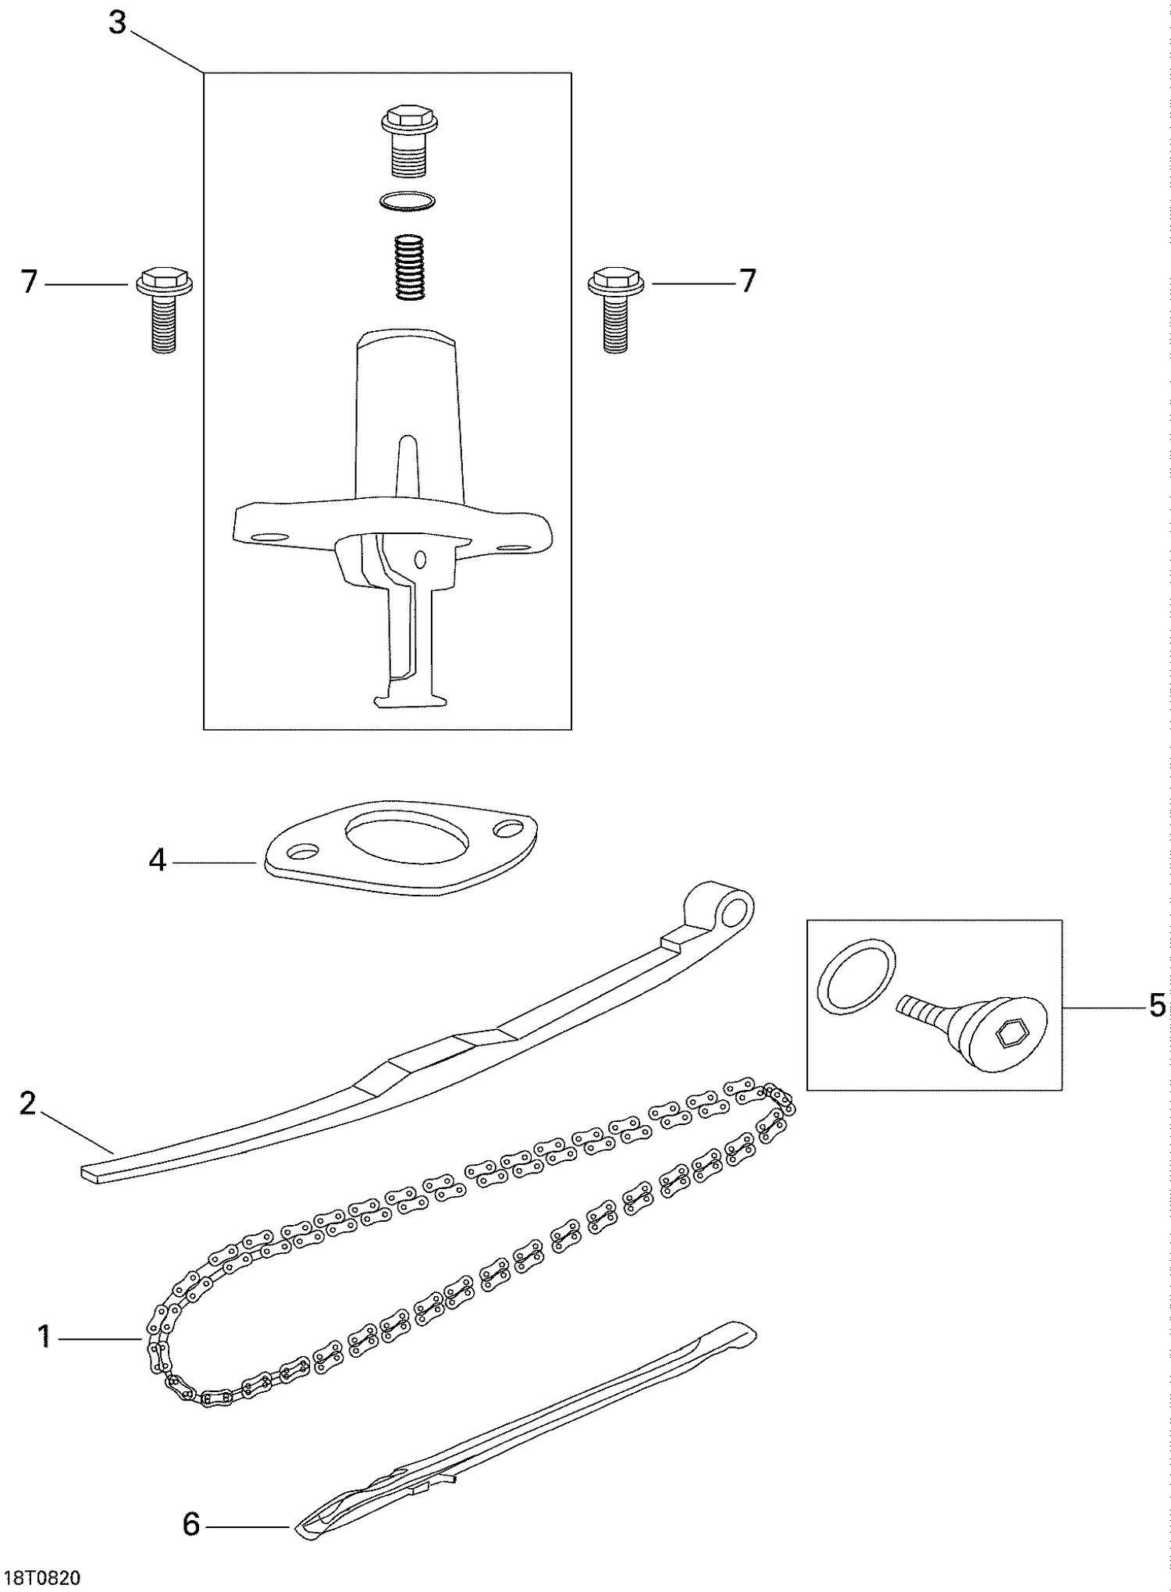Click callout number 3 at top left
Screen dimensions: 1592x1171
(117, 23)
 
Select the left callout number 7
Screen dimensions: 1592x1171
(29, 282)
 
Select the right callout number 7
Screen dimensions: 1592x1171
(747, 280)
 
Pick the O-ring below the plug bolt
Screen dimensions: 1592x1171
(408, 201)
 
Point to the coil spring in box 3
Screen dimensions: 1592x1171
(409, 266)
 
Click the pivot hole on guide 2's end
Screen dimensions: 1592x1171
(734, 910)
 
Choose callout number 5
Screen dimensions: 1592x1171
(1157, 1005)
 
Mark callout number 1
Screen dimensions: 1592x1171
(44, 1337)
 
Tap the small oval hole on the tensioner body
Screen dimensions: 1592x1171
(421, 558)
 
